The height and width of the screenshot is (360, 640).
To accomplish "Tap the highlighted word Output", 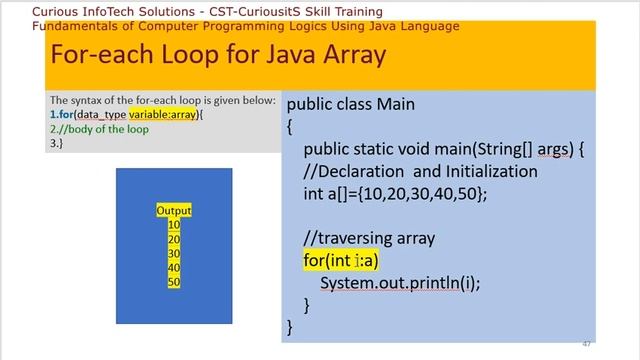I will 174,211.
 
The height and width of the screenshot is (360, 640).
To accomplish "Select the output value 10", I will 174,225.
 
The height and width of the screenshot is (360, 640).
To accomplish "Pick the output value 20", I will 174,240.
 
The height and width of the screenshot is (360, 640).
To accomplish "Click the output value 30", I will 174,254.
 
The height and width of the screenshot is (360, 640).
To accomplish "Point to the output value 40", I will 174,268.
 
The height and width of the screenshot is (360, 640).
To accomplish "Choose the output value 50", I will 174,283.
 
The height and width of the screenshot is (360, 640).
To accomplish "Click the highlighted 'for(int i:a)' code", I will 341,260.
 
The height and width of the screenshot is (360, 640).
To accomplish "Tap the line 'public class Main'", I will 350,104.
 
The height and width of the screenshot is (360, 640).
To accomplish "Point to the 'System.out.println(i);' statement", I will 400,283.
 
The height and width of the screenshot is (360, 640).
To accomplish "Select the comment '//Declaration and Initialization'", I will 420,171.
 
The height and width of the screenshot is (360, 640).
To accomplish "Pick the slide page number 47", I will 587,344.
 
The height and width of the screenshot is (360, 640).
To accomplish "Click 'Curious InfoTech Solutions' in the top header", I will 84,11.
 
